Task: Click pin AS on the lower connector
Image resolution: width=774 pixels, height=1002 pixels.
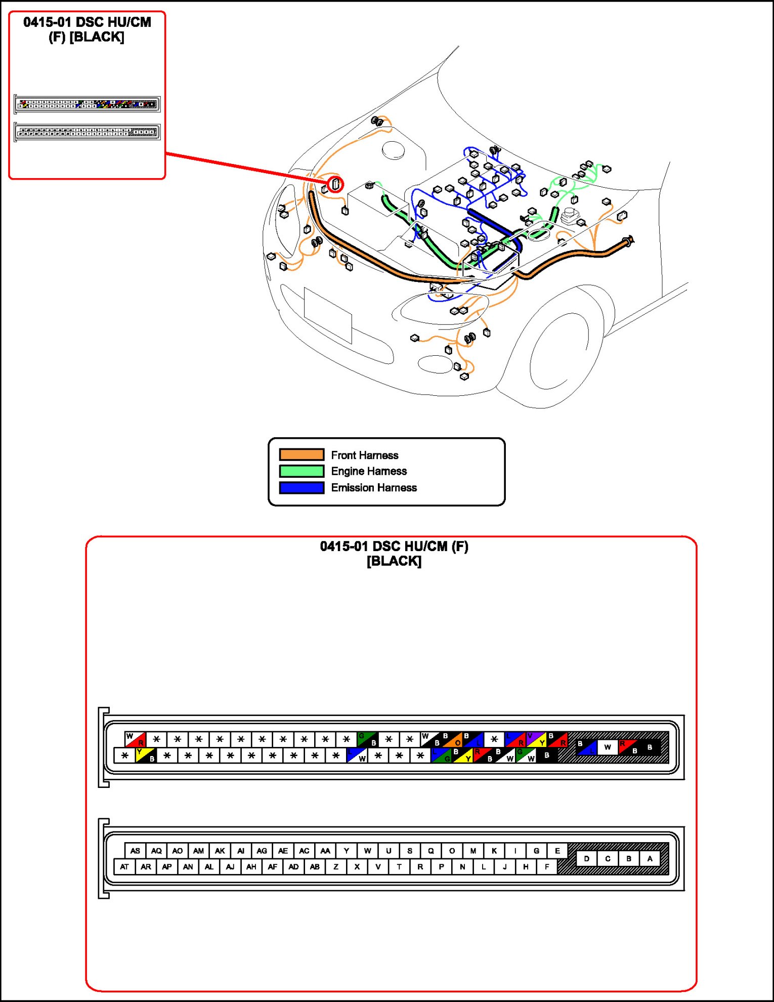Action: pyautogui.click(x=135, y=851)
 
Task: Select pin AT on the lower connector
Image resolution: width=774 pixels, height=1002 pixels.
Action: pyautogui.click(x=124, y=866)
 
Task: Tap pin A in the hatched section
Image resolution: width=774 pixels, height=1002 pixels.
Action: pyautogui.click(x=650, y=858)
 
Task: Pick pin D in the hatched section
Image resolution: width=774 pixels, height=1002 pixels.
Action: pyautogui.click(x=586, y=858)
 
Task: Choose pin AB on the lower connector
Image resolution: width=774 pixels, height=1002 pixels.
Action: pyautogui.click(x=315, y=866)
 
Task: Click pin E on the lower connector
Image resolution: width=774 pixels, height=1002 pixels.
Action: pyautogui.click(x=557, y=851)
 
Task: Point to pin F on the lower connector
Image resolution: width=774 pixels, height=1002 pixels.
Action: pyautogui.click(x=546, y=866)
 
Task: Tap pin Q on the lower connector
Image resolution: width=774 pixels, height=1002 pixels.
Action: pyautogui.click(x=431, y=851)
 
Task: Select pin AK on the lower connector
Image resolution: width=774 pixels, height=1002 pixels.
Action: pyautogui.click(x=220, y=851)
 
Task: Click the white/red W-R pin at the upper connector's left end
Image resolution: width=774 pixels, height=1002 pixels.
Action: pyautogui.click(x=135, y=739)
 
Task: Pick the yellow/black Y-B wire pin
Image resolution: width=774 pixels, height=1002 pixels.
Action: pyautogui.click(x=145, y=756)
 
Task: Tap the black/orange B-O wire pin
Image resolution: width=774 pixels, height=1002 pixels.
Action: pyautogui.click(x=452, y=739)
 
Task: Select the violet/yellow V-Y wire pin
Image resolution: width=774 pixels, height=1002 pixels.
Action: pyautogui.click(x=536, y=739)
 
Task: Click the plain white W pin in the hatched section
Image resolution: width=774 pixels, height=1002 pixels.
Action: pyautogui.click(x=608, y=747)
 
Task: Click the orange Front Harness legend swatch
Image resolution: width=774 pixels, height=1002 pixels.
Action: pyautogui.click(x=302, y=454)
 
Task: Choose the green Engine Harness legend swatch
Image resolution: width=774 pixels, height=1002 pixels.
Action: pyautogui.click(x=302, y=471)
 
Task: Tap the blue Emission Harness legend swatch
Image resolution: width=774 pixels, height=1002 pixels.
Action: pyautogui.click(x=302, y=487)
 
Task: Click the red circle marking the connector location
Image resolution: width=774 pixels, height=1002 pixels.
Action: pyautogui.click(x=335, y=184)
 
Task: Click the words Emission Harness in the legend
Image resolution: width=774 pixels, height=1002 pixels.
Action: pyautogui.click(x=374, y=487)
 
